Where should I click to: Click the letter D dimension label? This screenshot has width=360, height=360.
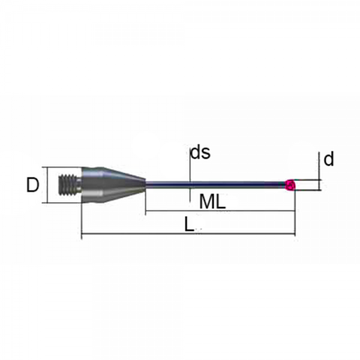[x=32, y=185]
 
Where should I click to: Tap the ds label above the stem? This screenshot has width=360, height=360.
[x=200, y=152]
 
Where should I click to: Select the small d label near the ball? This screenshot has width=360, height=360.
[x=329, y=159]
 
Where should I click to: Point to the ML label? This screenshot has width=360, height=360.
[x=212, y=202]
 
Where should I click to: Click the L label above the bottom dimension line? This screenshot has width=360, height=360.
[x=189, y=224]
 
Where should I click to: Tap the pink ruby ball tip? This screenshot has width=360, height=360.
[x=290, y=185]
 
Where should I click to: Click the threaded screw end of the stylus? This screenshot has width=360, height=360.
[x=70, y=185]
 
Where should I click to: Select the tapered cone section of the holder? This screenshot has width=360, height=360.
[x=124, y=185]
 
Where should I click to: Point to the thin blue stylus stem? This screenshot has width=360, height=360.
[x=215, y=185]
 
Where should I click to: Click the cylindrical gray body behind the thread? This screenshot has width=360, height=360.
[x=92, y=185]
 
